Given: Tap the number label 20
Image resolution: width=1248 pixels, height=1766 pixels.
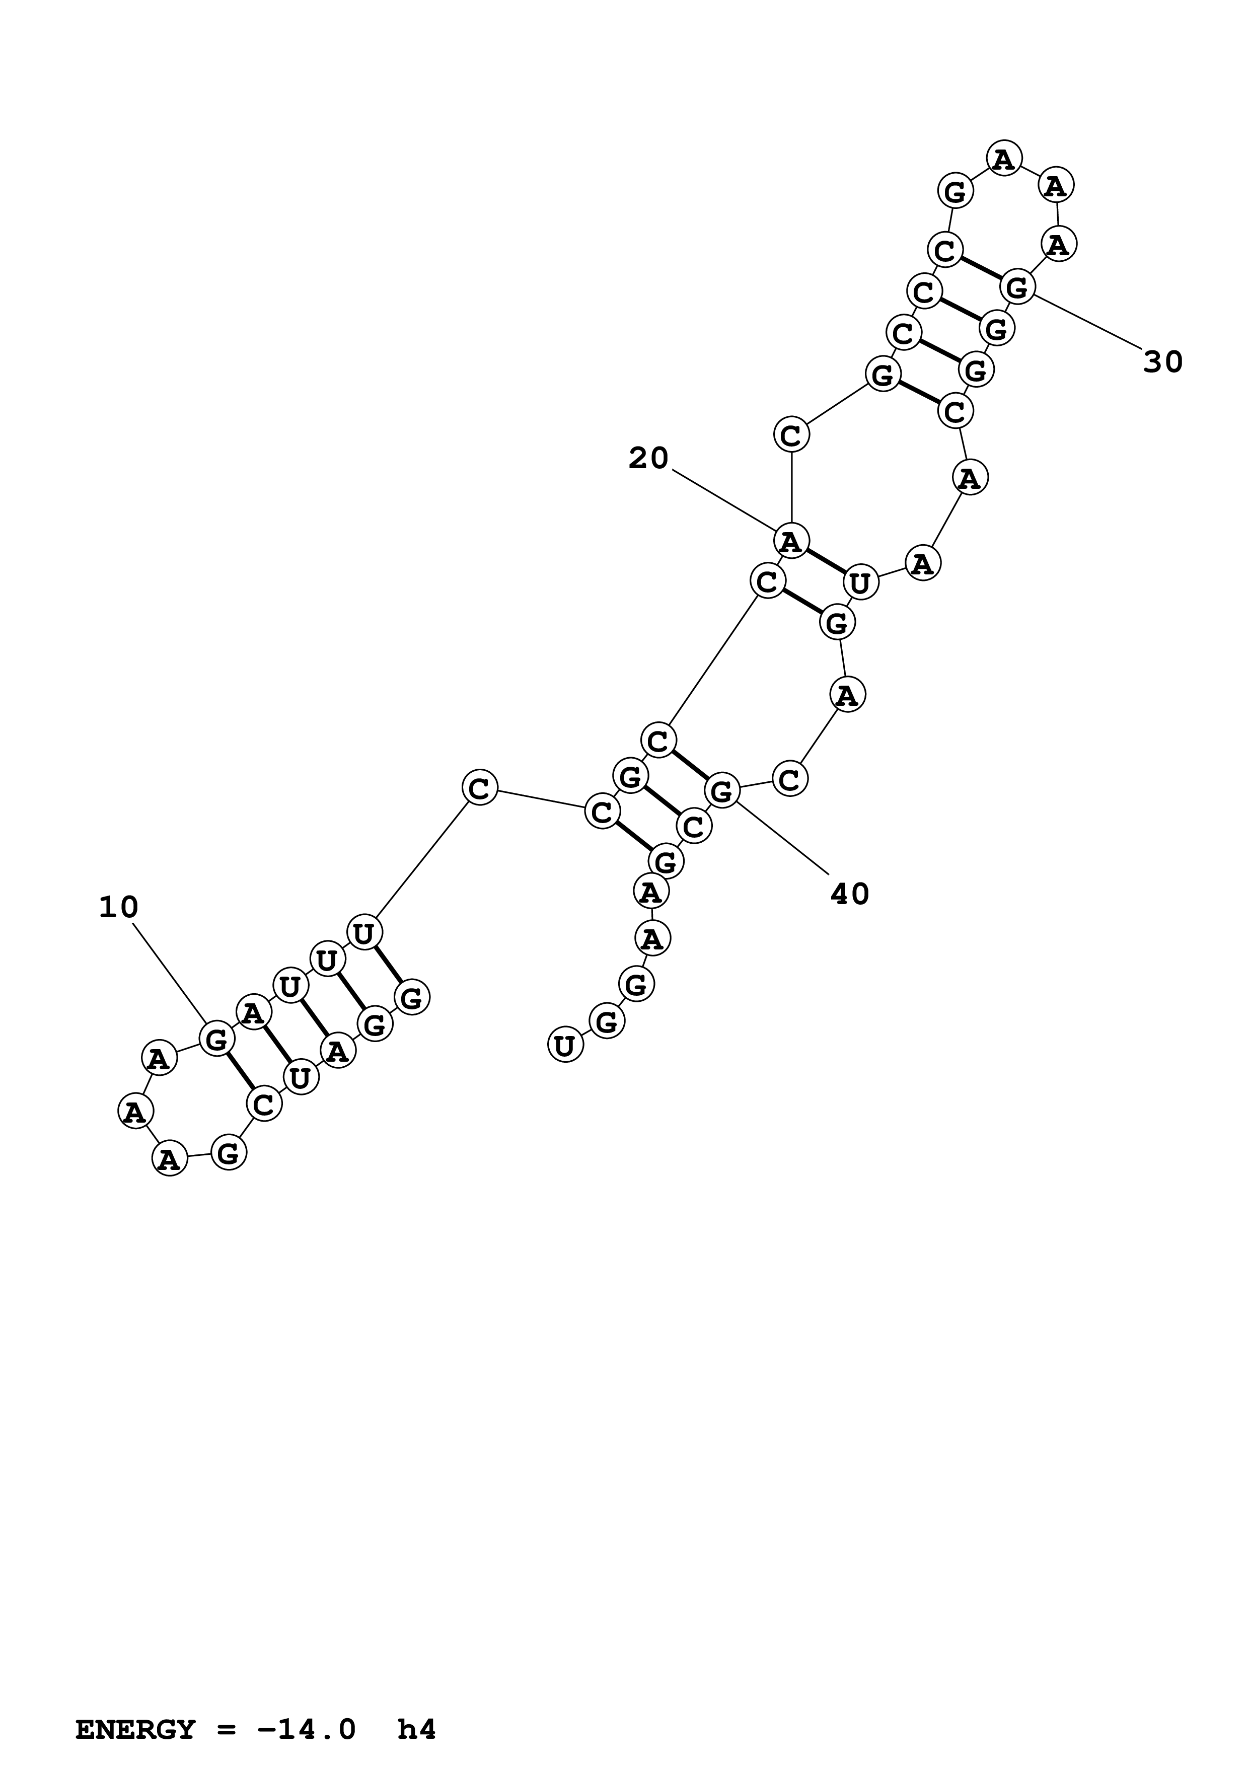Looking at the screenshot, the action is click(x=648, y=459).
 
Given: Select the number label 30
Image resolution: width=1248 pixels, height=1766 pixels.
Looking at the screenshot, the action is click(x=1162, y=361).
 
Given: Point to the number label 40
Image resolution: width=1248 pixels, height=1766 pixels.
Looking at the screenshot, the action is click(x=850, y=894).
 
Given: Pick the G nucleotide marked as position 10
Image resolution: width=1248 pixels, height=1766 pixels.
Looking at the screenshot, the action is click(x=216, y=1039).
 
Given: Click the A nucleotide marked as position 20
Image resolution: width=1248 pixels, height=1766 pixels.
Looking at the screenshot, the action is click(x=790, y=542).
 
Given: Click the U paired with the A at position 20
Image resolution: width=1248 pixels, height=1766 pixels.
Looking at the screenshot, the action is click(x=860, y=583).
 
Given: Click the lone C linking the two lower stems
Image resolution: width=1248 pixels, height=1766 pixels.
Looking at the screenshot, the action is click(x=479, y=788).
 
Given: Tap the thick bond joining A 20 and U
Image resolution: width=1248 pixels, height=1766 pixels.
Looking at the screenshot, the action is click(x=825, y=562).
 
